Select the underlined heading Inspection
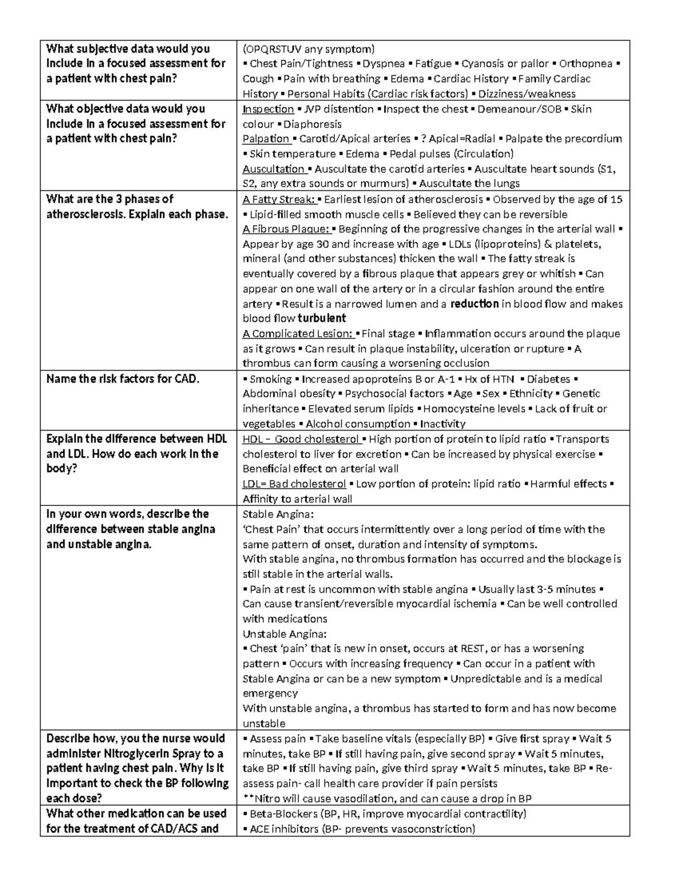pyautogui.click(x=268, y=109)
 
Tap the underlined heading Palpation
pyautogui.click(x=266, y=139)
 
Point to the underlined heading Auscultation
pyautogui.click(x=274, y=169)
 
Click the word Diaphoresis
pyautogui.click(x=312, y=124)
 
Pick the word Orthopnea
pyautogui.click(x=586, y=63)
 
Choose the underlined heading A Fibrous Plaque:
pyautogui.click(x=286, y=229)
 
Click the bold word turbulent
pyautogui.click(x=321, y=318)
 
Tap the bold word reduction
pyautogui.click(x=474, y=303)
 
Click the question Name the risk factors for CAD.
pyautogui.click(x=123, y=379)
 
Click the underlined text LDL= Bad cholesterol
pyautogui.click(x=294, y=484)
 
